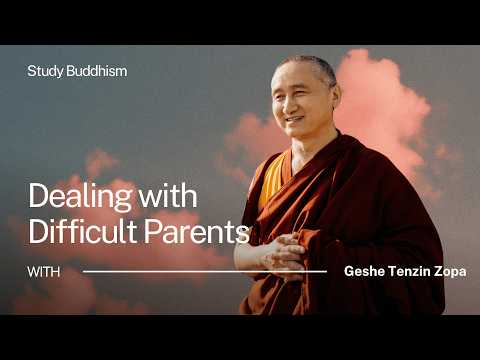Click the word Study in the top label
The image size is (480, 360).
point(43,72)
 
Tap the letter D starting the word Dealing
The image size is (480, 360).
point(37,195)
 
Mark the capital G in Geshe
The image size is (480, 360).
point(348,271)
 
